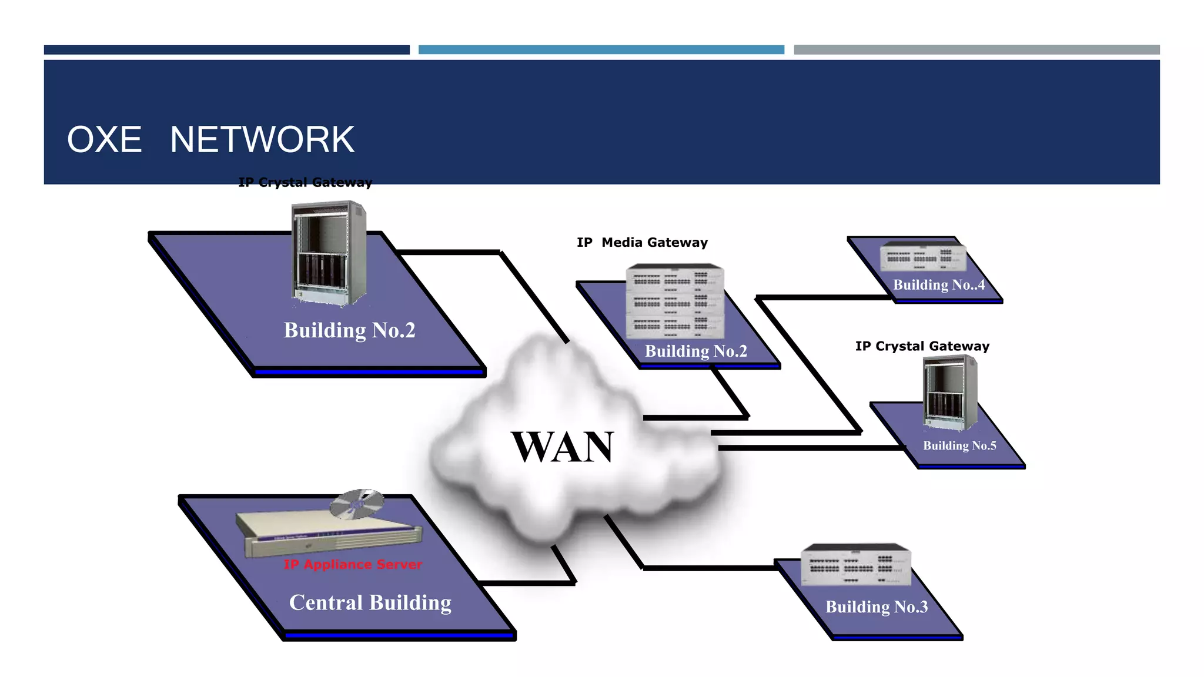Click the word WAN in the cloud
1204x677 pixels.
(x=562, y=447)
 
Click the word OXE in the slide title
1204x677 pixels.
(x=105, y=140)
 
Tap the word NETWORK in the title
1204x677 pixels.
(x=262, y=140)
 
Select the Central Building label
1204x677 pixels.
(x=370, y=603)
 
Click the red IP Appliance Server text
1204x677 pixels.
(x=353, y=565)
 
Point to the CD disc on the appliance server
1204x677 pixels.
(x=356, y=504)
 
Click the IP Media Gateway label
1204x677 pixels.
(x=642, y=243)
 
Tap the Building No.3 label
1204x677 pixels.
(x=877, y=607)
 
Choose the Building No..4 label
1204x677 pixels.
(x=939, y=285)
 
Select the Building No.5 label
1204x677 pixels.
(x=959, y=445)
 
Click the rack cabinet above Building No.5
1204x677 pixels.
(x=949, y=393)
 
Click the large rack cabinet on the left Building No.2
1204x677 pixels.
(x=329, y=253)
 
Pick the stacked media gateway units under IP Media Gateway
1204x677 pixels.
(x=675, y=301)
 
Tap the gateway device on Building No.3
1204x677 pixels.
(x=856, y=565)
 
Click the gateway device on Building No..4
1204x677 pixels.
(x=923, y=257)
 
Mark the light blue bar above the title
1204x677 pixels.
(x=601, y=50)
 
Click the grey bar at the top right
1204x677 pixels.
(x=976, y=50)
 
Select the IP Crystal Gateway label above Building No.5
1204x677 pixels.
(x=922, y=346)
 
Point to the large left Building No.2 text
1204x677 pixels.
(x=349, y=330)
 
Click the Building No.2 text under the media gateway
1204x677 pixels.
(x=696, y=351)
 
